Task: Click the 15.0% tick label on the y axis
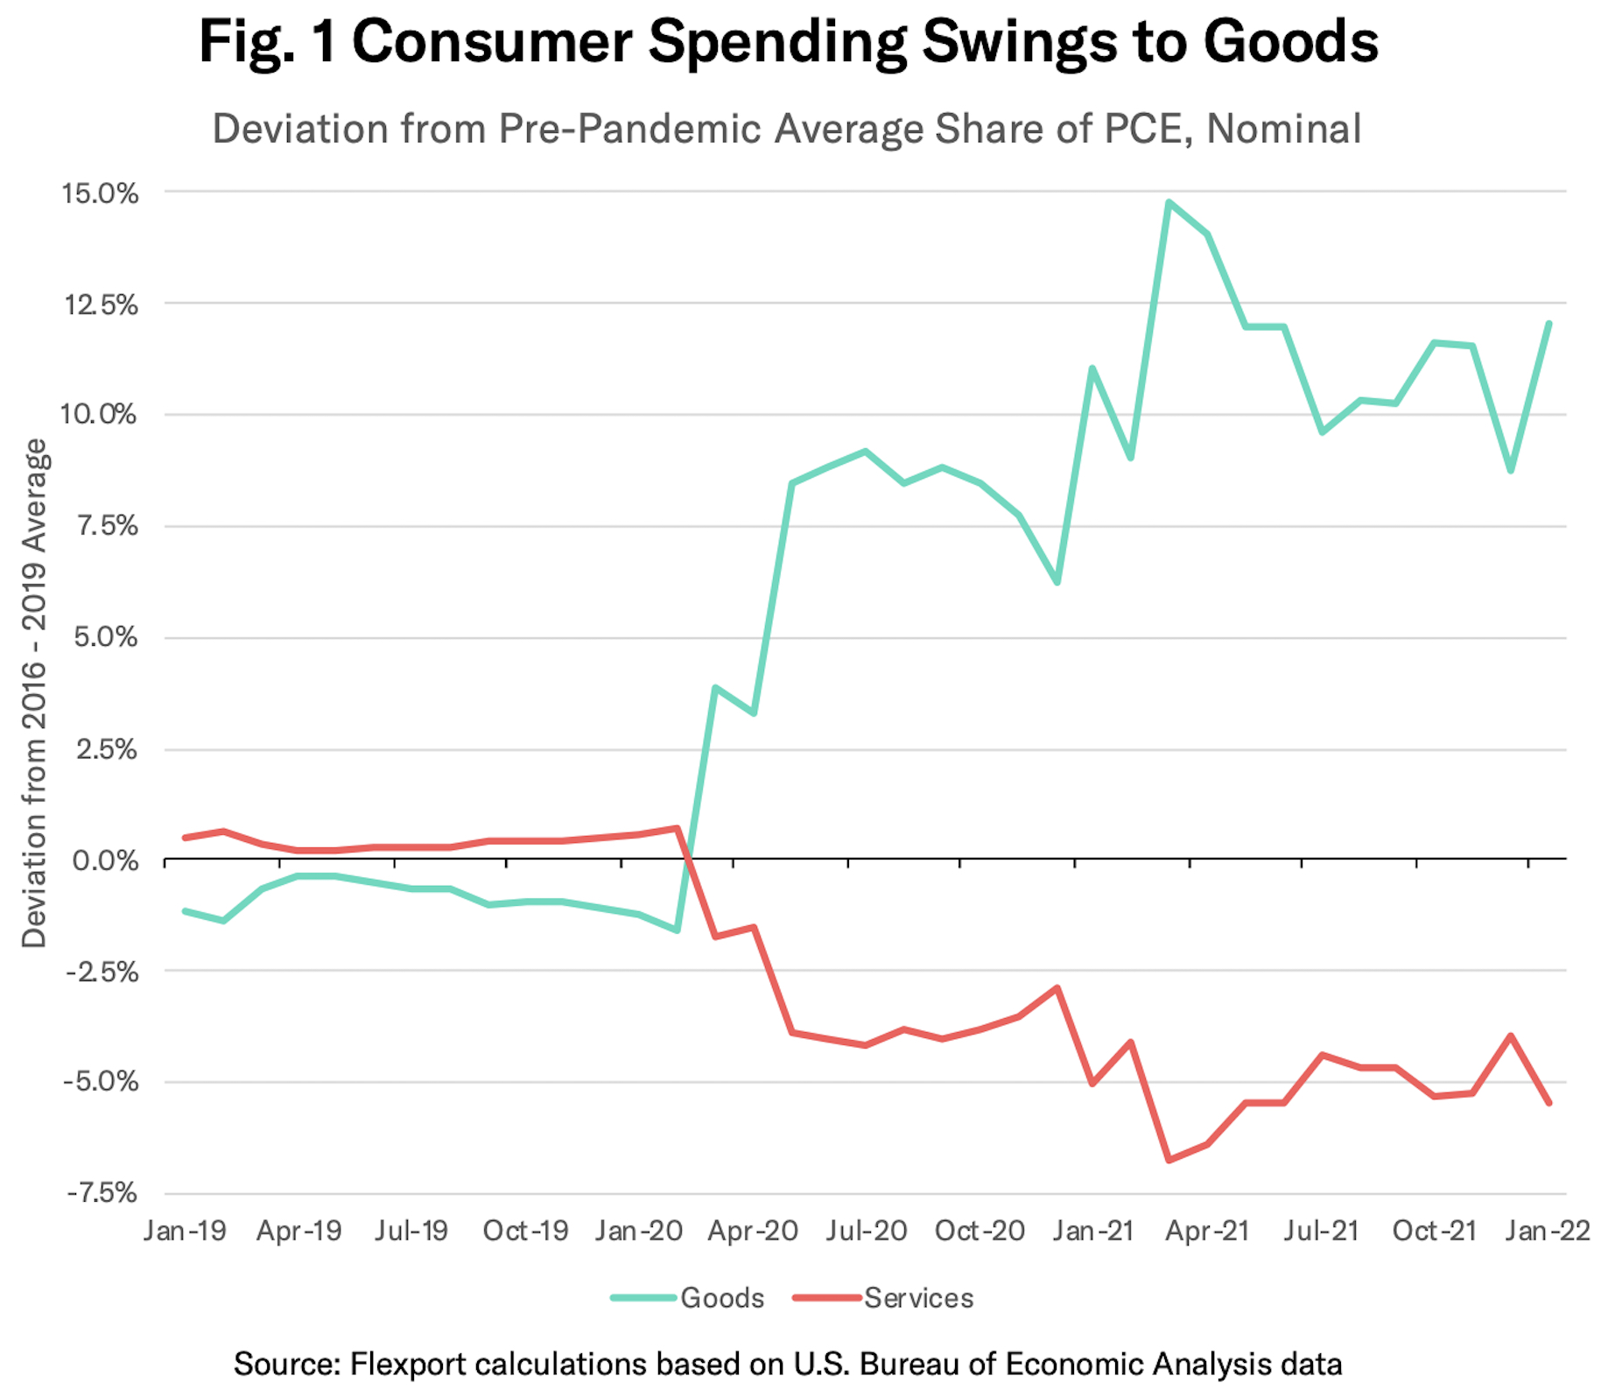tap(100, 193)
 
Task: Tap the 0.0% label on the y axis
tap(105, 861)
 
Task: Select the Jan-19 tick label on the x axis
tap(185, 1231)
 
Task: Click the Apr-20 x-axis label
tap(753, 1231)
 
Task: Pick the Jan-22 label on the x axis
tap(1548, 1231)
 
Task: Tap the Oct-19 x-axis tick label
tap(525, 1231)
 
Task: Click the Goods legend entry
tap(689, 1297)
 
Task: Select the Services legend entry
tap(884, 1297)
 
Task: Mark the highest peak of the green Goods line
tap(1169, 202)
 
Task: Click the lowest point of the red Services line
tap(1169, 1161)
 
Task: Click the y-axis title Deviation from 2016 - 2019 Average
tap(35, 693)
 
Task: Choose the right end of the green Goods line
tap(1549, 323)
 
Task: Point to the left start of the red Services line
tap(185, 838)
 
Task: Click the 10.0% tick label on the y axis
tap(100, 414)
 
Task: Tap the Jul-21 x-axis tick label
tap(1321, 1231)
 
